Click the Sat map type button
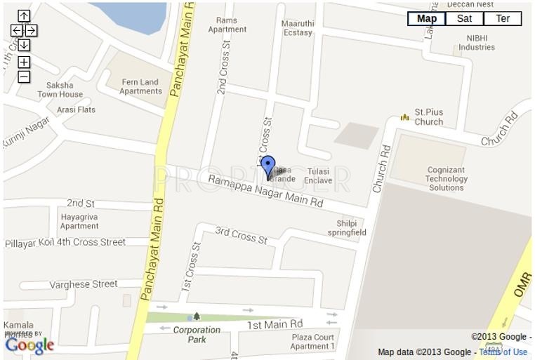(x=464, y=19)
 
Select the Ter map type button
(x=503, y=19)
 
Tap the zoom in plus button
(x=24, y=62)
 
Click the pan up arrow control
(x=24, y=16)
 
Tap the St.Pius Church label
(x=428, y=116)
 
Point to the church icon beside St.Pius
(x=404, y=117)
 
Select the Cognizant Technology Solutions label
(x=447, y=179)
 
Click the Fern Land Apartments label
(x=140, y=86)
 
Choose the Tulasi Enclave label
(x=318, y=175)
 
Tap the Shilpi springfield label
(x=347, y=228)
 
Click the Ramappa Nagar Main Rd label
(x=265, y=191)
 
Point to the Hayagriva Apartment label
(x=79, y=222)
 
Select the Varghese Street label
(x=84, y=284)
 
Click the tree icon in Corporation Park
(x=197, y=316)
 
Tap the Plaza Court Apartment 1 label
(x=312, y=342)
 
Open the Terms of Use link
(x=503, y=352)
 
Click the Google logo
(x=29, y=345)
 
